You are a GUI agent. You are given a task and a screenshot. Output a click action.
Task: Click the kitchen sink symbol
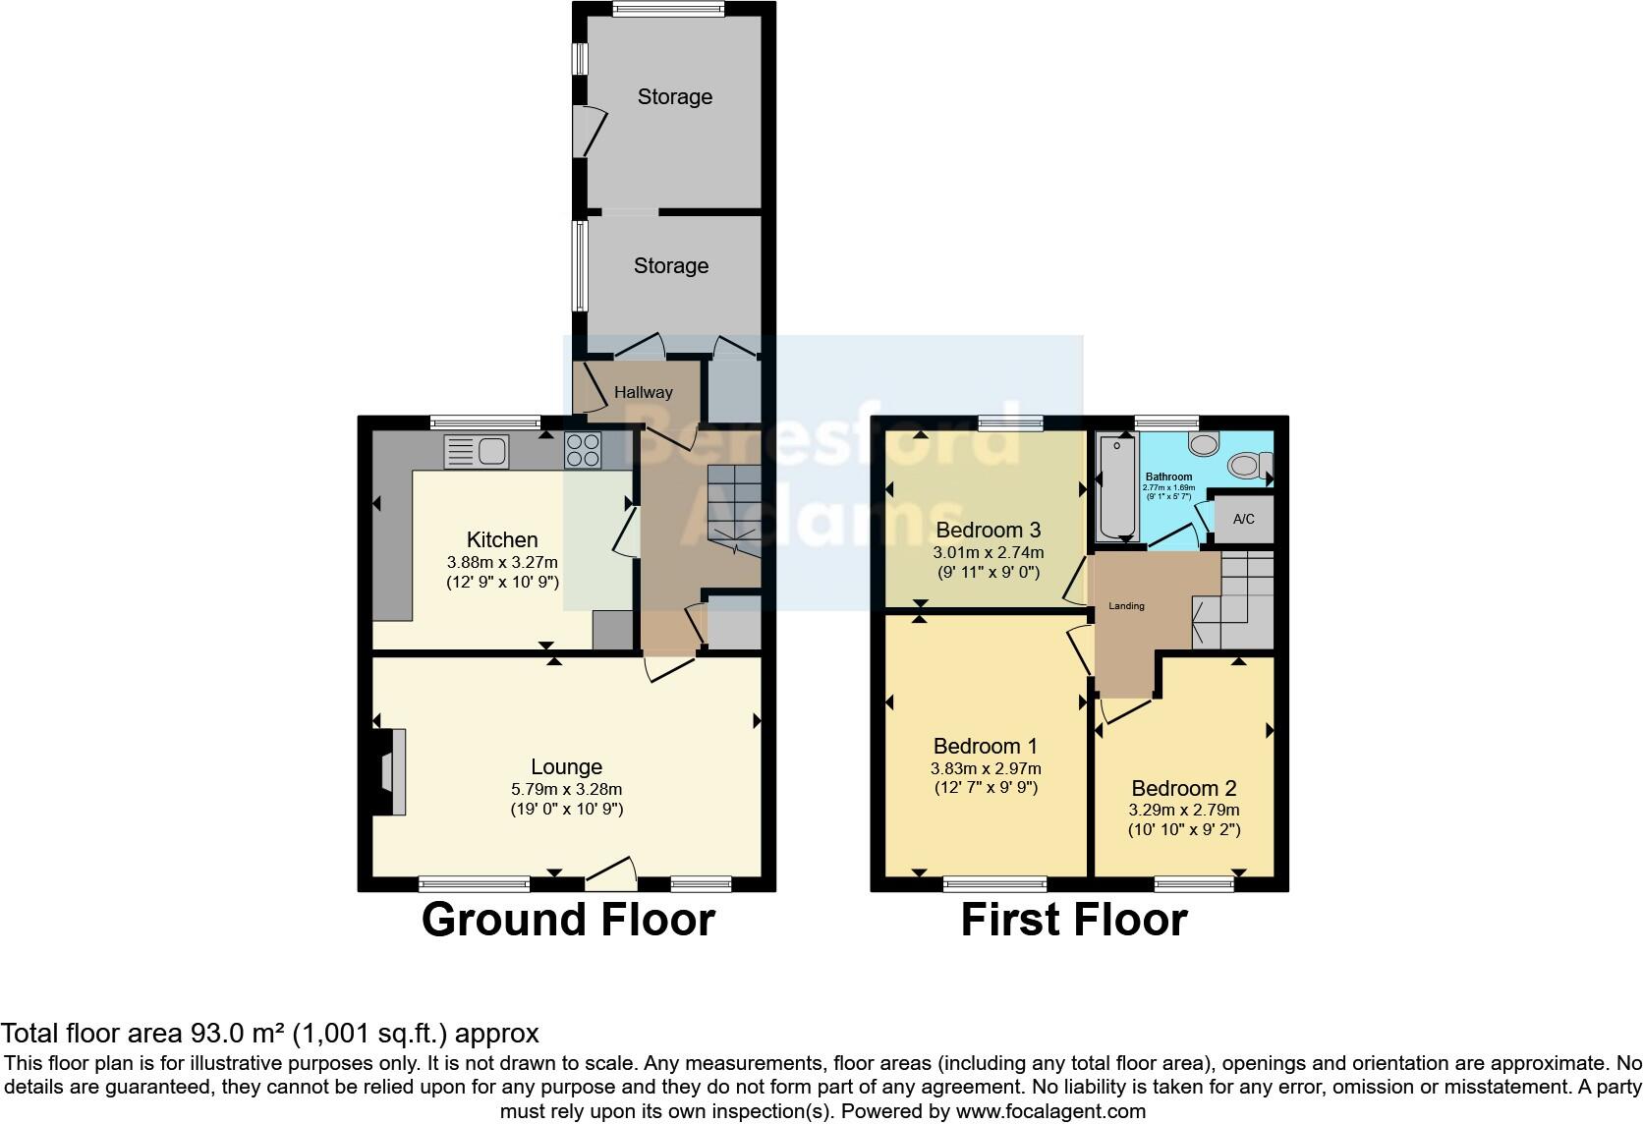477,452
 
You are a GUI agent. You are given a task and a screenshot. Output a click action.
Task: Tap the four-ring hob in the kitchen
583,451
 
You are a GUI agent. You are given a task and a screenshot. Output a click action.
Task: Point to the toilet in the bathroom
1251,465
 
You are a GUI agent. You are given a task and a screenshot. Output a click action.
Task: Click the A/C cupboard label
1243,519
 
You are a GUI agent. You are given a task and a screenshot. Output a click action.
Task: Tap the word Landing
1126,606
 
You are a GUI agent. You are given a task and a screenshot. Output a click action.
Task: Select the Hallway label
644,392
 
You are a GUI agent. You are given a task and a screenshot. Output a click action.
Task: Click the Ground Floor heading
568,920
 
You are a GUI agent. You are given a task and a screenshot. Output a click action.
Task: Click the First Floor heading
1073,920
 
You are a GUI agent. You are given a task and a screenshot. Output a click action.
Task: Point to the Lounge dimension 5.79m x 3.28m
566,789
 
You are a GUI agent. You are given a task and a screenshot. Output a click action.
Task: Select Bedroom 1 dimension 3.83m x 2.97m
986,768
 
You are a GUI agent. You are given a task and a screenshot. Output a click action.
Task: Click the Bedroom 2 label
1183,788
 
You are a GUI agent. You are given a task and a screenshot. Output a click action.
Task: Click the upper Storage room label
674,96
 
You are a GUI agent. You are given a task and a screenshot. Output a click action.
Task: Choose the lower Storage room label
671,265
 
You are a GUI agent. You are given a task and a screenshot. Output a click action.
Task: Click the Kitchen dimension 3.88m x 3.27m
502,562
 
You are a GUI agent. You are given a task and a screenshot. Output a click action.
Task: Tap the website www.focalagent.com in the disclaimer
1049,1111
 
